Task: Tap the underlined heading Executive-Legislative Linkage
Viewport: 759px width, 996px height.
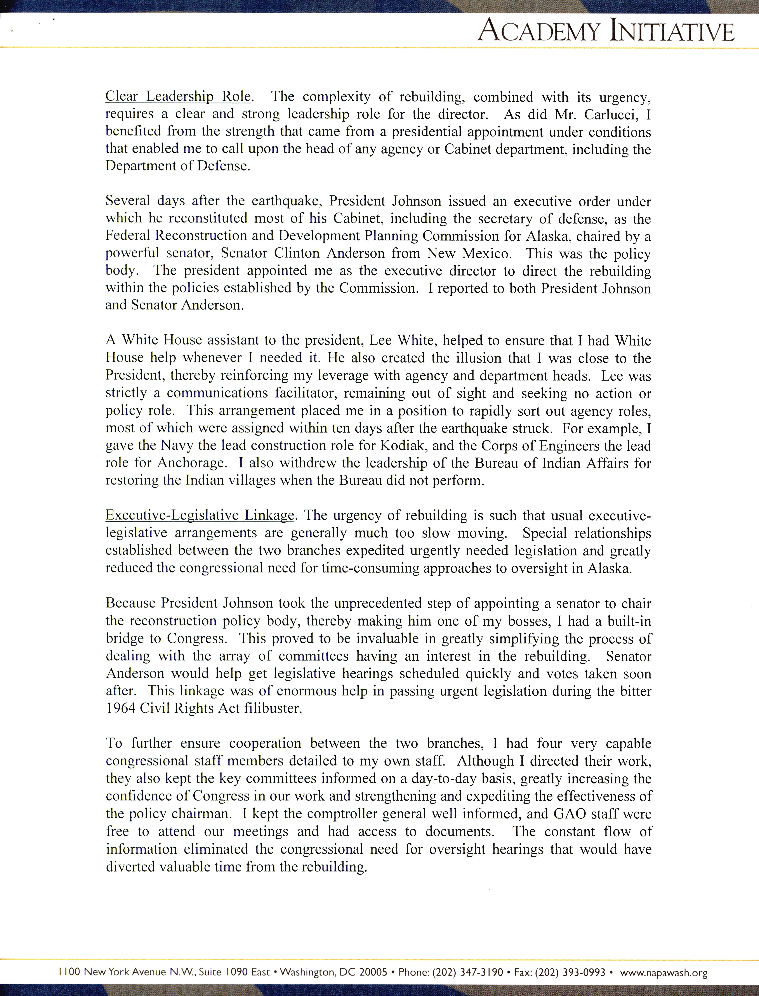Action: tap(200, 516)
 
